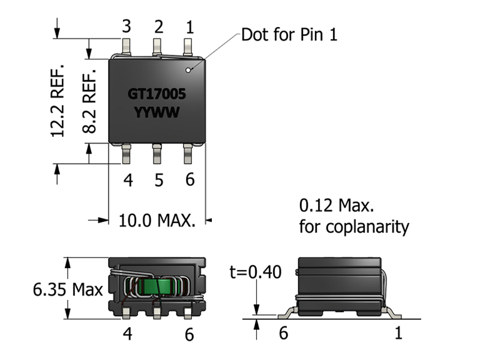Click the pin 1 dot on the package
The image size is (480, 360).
[x=188, y=71]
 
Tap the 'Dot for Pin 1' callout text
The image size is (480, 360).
[x=289, y=34]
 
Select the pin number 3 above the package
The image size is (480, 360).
[x=127, y=26]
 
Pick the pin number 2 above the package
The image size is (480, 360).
[x=158, y=26]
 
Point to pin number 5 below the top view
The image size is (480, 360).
[x=158, y=180]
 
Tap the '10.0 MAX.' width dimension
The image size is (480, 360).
[x=157, y=220]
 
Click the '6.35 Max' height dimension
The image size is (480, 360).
[x=67, y=290]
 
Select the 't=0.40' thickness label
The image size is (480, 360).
[x=255, y=272]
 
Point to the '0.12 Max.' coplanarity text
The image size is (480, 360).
[x=337, y=206]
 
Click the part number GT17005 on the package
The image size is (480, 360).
[x=157, y=94]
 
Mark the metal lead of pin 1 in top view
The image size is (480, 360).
[x=188, y=46]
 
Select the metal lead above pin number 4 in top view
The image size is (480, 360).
[x=127, y=154]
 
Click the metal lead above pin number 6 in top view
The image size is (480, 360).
[x=188, y=154]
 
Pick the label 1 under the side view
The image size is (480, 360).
[x=398, y=332]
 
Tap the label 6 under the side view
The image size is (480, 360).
[x=284, y=332]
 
